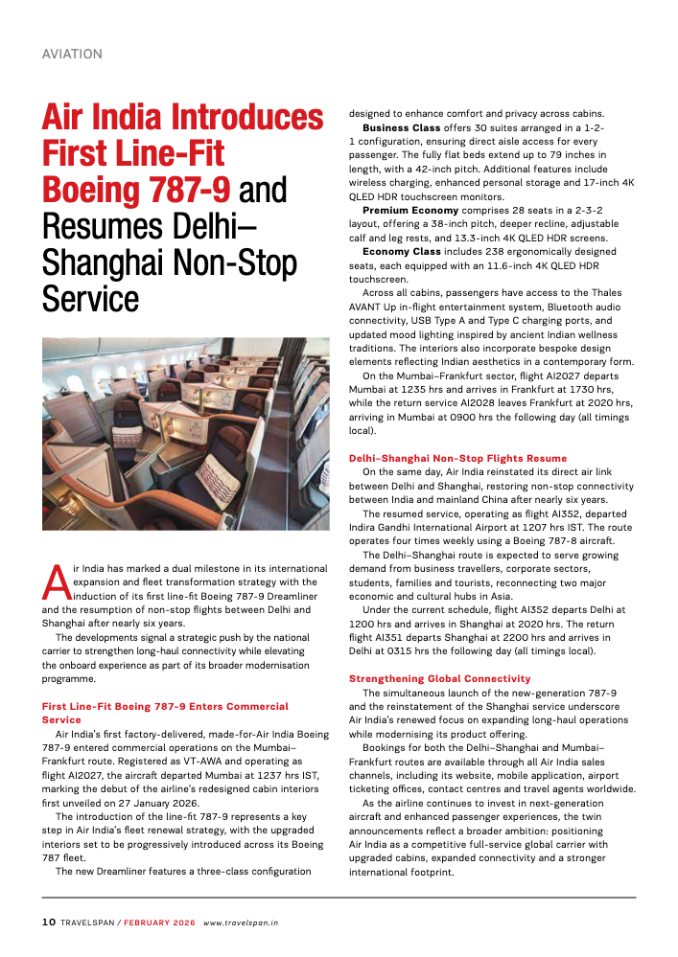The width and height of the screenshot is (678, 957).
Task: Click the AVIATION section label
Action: (72, 55)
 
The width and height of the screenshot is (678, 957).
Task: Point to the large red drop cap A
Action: (56, 580)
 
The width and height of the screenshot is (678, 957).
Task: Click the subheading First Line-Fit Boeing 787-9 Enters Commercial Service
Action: (165, 713)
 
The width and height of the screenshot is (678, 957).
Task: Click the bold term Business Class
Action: (402, 127)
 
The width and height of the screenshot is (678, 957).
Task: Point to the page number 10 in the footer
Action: (49, 923)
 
